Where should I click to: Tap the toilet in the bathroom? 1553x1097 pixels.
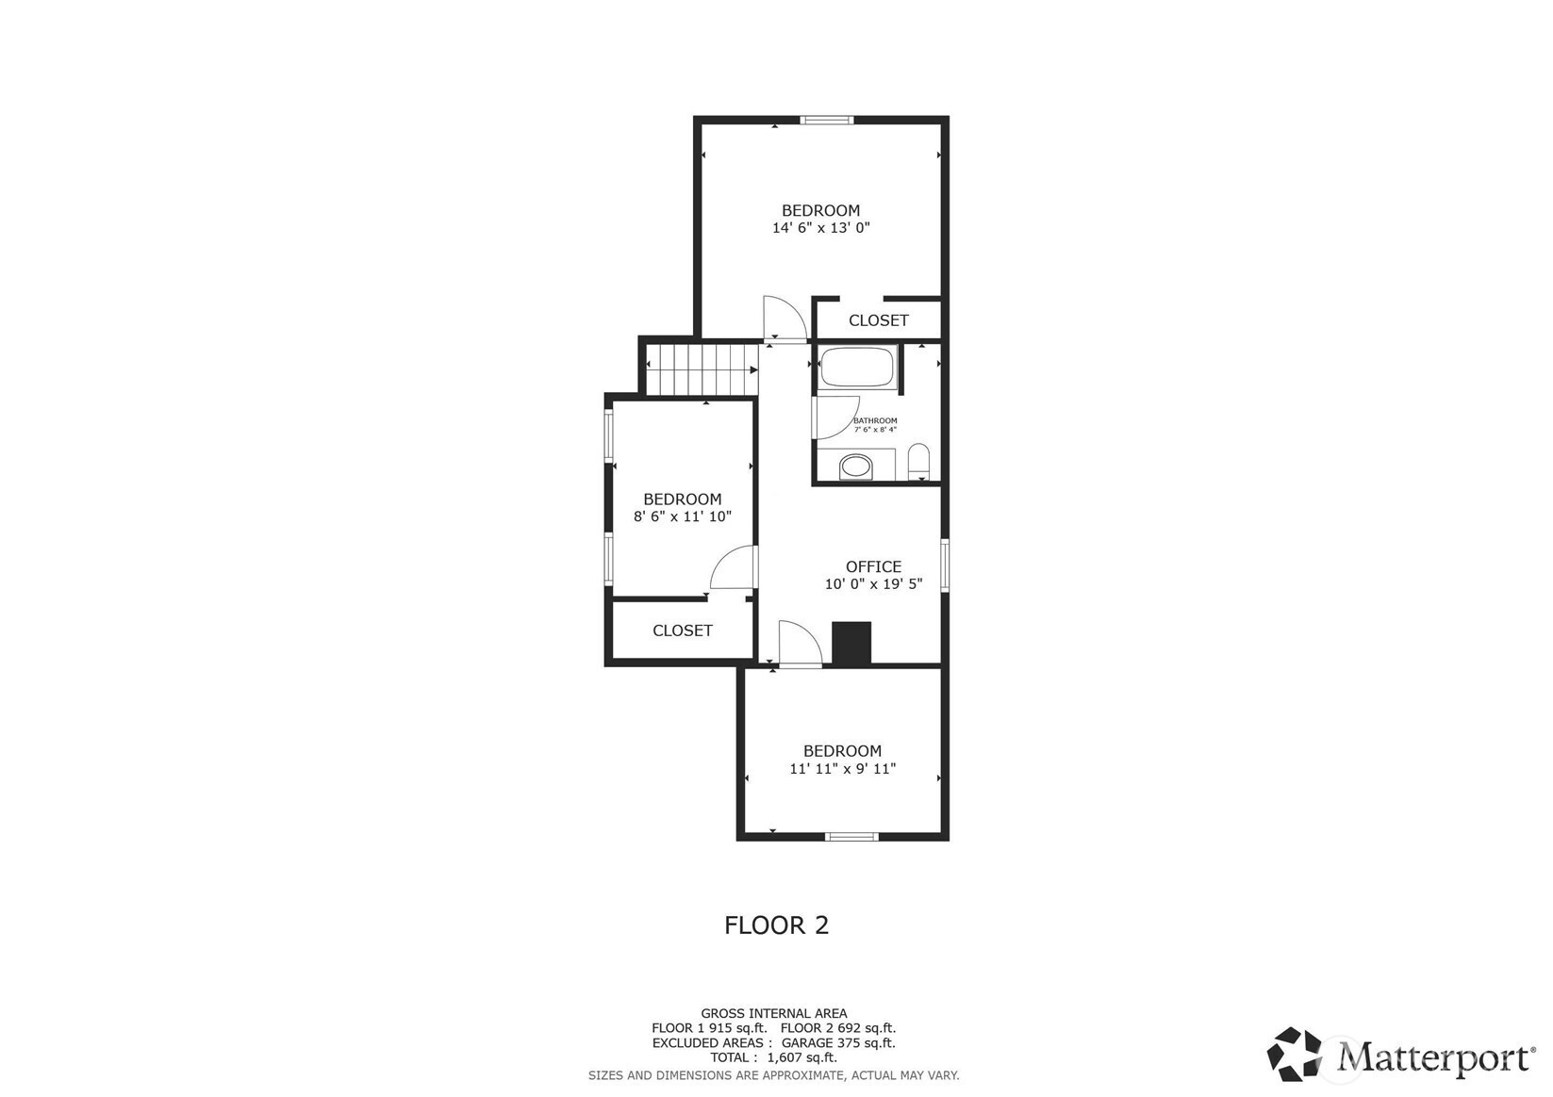[x=917, y=462]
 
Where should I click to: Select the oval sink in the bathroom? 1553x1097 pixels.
[x=856, y=467]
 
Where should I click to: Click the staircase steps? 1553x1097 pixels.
[x=702, y=369]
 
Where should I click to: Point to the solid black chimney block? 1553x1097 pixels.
[x=851, y=644]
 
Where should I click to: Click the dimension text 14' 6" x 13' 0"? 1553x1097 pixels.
[x=821, y=228]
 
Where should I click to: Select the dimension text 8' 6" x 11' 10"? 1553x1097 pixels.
[x=683, y=516]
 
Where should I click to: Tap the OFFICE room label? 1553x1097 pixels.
[x=873, y=566]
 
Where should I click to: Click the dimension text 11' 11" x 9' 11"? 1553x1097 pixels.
[x=842, y=768]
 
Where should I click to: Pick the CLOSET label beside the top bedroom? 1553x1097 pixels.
[x=879, y=320]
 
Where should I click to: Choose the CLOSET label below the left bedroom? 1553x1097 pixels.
[x=683, y=630]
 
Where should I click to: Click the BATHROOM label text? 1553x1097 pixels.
[x=875, y=420]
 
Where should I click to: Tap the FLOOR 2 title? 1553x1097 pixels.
[x=777, y=925]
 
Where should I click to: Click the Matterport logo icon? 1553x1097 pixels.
[x=1295, y=1054]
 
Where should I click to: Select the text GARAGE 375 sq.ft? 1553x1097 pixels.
[x=838, y=1043]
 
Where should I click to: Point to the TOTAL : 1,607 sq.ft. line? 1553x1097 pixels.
[x=774, y=1057]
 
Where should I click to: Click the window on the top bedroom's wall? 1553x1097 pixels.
[x=826, y=120]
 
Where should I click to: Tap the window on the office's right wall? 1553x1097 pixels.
[x=945, y=565]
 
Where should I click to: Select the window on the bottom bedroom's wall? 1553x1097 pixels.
[x=851, y=837]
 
